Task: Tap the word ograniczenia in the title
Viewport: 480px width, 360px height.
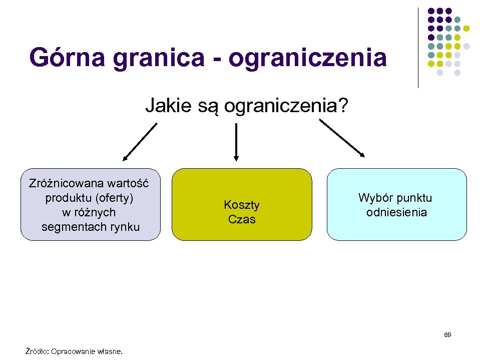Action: pyautogui.click(x=308, y=59)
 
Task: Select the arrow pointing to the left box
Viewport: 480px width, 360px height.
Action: pyautogui.click(x=140, y=142)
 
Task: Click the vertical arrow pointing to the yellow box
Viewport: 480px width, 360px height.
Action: pyautogui.click(x=236, y=143)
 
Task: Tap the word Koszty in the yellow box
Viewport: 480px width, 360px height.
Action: pyautogui.click(x=242, y=205)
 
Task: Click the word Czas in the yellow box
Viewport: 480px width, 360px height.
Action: pyautogui.click(x=242, y=219)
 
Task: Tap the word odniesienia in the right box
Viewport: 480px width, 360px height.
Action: pyautogui.click(x=396, y=212)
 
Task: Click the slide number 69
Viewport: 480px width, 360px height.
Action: pyautogui.click(x=447, y=334)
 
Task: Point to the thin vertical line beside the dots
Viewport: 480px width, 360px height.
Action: pyautogui.click(x=418, y=48)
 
